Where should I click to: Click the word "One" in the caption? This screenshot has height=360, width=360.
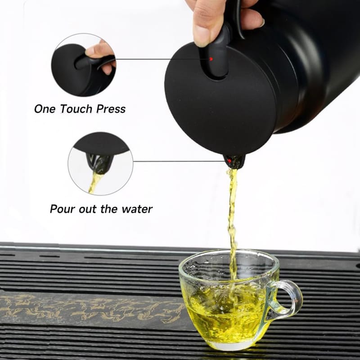[x=45, y=109]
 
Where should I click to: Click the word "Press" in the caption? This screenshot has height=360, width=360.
[x=111, y=109]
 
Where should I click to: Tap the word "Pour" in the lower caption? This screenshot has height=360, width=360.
[x=62, y=209]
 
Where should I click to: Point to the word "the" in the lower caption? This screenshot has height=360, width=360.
[x=109, y=209]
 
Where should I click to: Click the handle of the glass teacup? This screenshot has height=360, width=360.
[x=287, y=297]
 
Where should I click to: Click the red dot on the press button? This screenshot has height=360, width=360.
[x=211, y=59]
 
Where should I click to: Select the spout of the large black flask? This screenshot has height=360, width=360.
[x=234, y=162]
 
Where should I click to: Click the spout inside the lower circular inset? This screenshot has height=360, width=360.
[x=100, y=162]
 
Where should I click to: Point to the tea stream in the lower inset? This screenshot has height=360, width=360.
[x=96, y=183]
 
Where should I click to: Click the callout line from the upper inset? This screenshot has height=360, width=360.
[x=163, y=59]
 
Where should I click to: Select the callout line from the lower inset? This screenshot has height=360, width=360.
[x=180, y=161]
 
